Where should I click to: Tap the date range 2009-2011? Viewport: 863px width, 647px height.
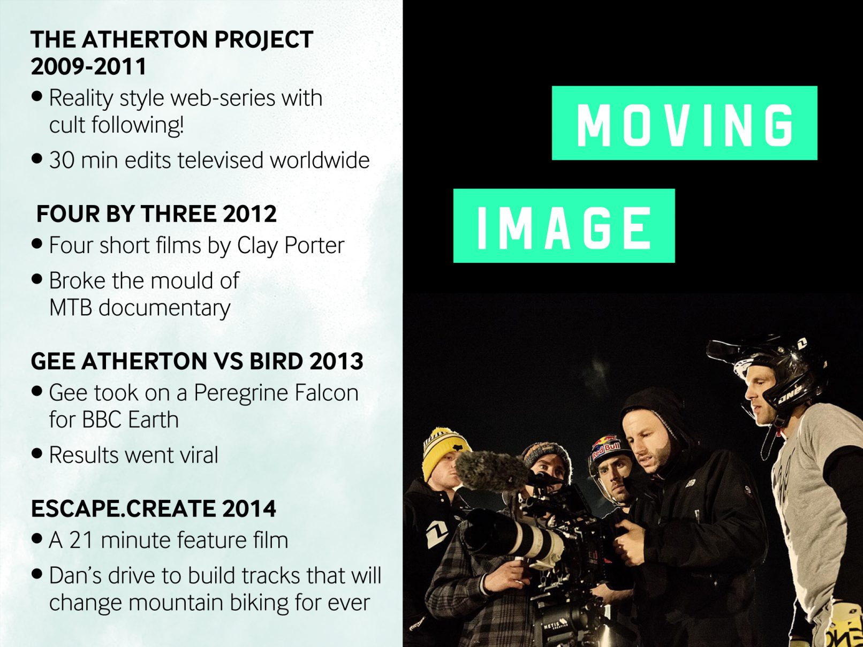88,66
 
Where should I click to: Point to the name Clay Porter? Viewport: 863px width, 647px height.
291,246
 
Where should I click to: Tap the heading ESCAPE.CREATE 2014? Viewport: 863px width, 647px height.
153,508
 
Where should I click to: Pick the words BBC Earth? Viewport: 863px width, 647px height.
130,420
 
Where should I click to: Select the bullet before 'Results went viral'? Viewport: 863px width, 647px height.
36,454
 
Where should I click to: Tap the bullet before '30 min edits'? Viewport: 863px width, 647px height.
36,159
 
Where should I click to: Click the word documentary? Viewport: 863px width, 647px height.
164,308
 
